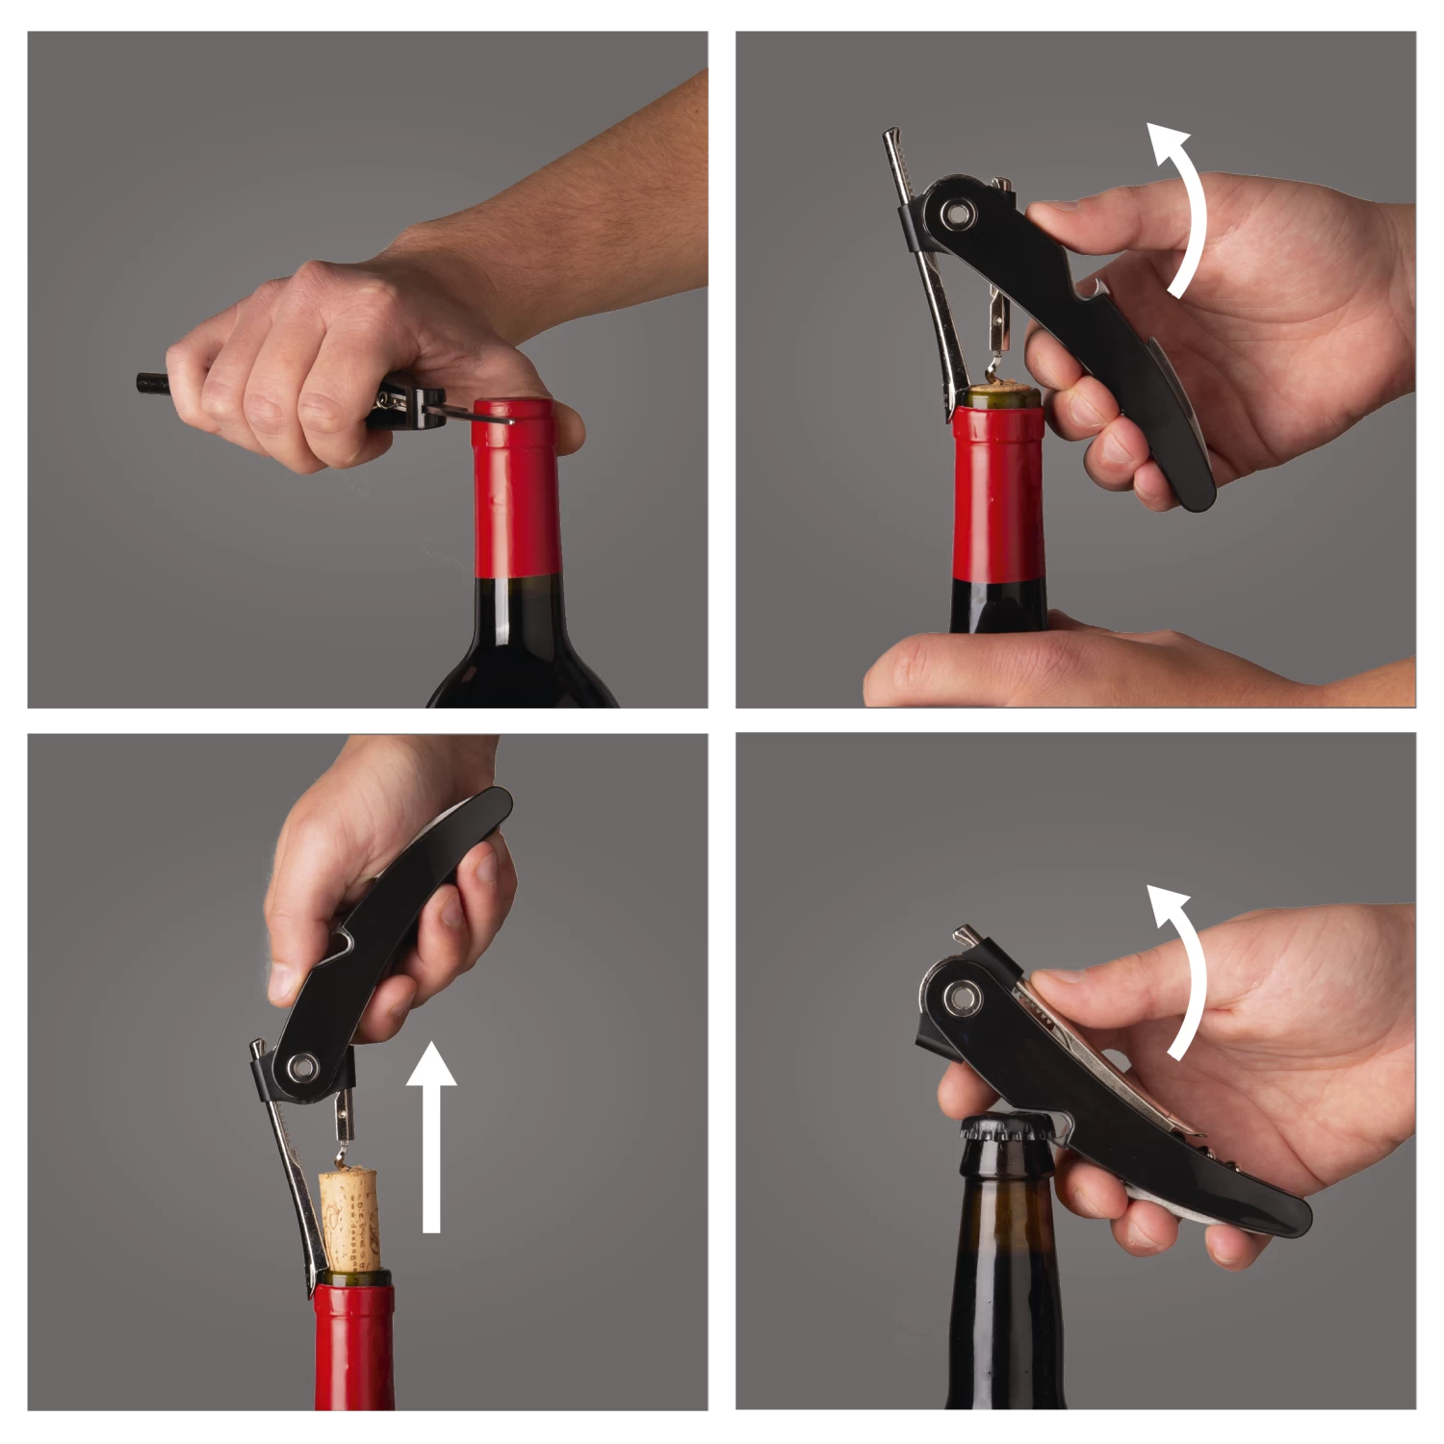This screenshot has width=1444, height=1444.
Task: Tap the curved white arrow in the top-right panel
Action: pyautogui.click(x=1188, y=212)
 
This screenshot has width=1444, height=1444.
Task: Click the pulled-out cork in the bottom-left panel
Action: pyautogui.click(x=349, y=1217)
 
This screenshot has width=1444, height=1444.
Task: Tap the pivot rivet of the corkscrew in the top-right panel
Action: pyautogui.click(x=958, y=214)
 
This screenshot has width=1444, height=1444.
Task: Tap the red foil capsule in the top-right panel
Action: pyautogui.click(x=998, y=500)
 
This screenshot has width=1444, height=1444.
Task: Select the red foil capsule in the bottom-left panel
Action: pyautogui.click(x=353, y=1347)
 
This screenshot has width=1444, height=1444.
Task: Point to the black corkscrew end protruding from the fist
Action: pyautogui.click(x=151, y=383)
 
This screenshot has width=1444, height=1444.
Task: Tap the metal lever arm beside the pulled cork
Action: pyautogui.click(x=294, y=1193)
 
